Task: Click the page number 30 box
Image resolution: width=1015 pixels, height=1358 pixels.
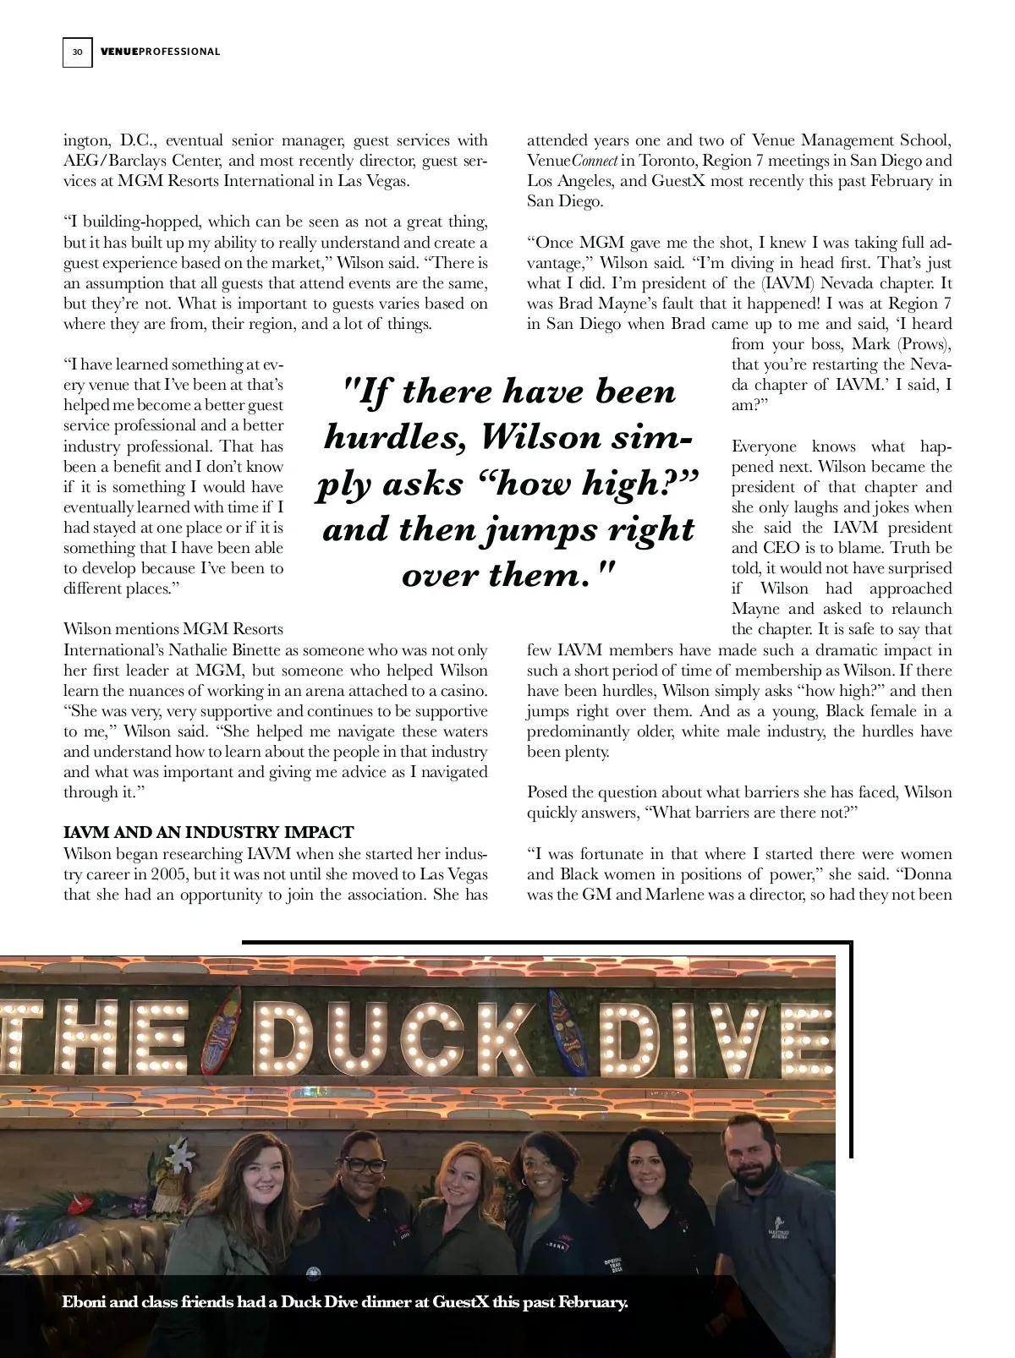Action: point(77,52)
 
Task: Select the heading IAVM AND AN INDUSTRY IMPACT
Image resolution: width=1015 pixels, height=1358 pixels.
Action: point(209,832)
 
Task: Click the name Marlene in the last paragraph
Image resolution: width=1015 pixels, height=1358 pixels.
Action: point(679,894)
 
